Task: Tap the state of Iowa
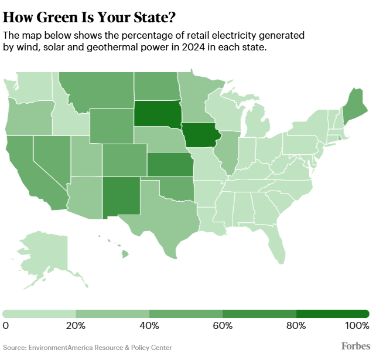coord(201,137)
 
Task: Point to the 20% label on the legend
coord(76,325)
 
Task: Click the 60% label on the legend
coord(223,325)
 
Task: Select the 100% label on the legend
coord(357,325)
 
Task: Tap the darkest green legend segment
coord(332,314)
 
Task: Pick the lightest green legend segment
coord(39,314)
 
